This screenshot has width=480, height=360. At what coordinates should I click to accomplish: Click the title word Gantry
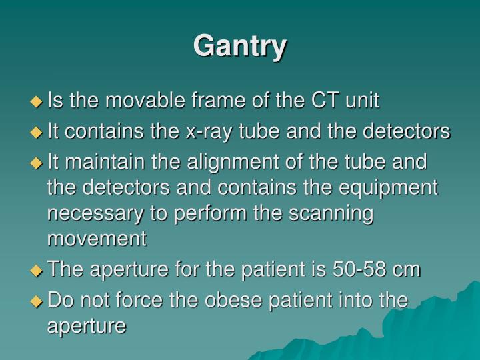[240, 47]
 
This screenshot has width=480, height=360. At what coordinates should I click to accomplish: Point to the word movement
[97, 238]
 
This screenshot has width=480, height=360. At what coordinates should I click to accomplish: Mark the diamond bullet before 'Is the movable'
[37, 101]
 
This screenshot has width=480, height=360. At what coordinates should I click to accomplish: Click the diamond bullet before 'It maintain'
[37, 163]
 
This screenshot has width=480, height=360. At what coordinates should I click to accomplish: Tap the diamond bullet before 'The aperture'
[37, 270]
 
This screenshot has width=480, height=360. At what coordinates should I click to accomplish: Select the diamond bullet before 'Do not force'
[37, 301]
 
